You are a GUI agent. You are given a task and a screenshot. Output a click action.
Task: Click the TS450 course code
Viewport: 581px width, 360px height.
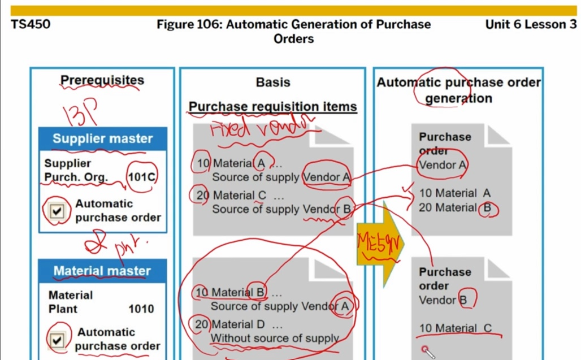pyautogui.click(x=31, y=24)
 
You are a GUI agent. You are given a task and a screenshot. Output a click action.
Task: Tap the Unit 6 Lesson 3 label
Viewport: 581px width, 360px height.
pyautogui.click(x=531, y=24)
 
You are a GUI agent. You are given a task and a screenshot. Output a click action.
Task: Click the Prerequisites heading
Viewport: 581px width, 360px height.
pyautogui.click(x=102, y=81)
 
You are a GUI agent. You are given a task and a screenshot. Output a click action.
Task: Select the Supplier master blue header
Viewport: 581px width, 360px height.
pyautogui.click(x=102, y=138)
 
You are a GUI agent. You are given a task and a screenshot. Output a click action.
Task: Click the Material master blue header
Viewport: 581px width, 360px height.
pyautogui.click(x=102, y=271)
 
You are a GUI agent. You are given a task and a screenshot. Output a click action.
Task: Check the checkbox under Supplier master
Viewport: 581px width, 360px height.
pyautogui.click(x=58, y=211)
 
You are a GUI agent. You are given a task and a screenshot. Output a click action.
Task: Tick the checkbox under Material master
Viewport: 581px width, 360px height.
pyautogui.click(x=58, y=340)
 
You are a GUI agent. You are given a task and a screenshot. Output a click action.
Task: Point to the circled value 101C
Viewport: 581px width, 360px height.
pyautogui.click(x=141, y=177)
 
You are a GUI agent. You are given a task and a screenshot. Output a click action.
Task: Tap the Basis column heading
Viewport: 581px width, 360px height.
pyautogui.click(x=272, y=83)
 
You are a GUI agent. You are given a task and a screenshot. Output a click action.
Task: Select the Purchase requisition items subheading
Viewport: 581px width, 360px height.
pyautogui.click(x=272, y=107)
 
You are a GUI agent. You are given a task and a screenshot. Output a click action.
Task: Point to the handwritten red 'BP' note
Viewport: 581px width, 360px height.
pyautogui.click(x=84, y=112)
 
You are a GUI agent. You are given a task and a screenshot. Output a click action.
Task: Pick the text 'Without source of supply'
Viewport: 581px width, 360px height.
pyautogui.click(x=275, y=338)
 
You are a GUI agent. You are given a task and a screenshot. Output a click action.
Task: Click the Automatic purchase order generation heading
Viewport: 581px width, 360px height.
pyautogui.click(x=458, y=90)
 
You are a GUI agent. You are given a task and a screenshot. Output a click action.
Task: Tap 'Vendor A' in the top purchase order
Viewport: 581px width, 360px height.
pyautogui.click(x=443, y=165)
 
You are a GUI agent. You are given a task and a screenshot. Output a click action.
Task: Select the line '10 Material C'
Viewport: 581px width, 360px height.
pyautogui.click(x=456, y=328)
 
